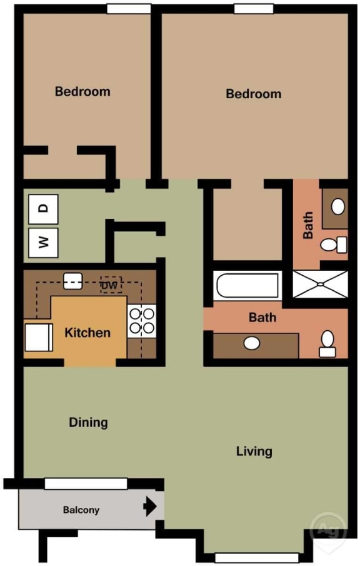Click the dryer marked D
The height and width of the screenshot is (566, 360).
(x=43, y=209)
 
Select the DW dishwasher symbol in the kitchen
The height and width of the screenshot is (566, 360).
(x=111, y=285)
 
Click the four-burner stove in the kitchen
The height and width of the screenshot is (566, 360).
(x=141, y=321)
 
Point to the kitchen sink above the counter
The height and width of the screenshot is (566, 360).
(x=72, y=280)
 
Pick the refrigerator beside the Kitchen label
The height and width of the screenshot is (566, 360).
(x=36, y=338)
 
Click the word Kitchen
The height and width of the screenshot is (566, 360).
(x=87, y=333)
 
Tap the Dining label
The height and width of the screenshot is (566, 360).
(x=88, y=423)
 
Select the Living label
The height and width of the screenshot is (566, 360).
(x=254, y=451)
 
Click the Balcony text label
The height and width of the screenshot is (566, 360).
(x=81, y=510)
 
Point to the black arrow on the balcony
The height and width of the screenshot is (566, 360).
(x=150, y=506)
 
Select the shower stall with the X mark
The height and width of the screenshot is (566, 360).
(x=319, y=283)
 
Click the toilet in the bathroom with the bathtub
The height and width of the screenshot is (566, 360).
(x=327, y=343)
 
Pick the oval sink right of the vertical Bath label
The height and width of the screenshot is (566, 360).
(x=337, y=206)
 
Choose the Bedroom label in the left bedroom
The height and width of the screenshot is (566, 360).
(x=82, y=91)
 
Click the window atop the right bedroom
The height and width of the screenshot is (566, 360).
(x=253, y=9)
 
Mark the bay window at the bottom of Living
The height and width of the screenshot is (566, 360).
(x=256, y=557)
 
